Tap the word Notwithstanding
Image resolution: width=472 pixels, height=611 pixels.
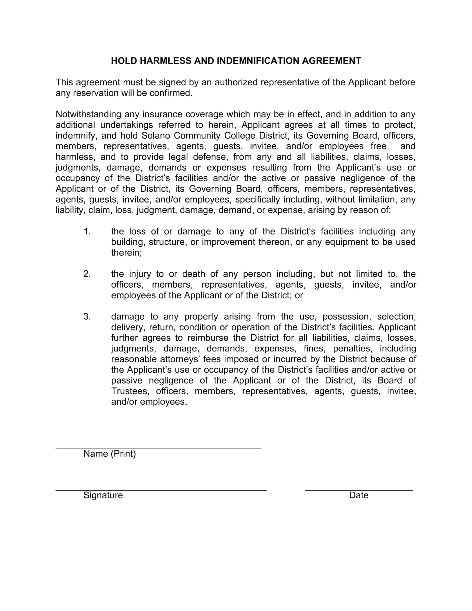coord(88,114)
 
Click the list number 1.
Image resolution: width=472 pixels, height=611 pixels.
coord(87,231)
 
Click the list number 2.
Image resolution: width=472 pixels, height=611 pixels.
coord(87,274)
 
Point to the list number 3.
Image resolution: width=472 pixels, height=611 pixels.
coord(87,316)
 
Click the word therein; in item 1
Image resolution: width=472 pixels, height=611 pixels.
coord(126,253)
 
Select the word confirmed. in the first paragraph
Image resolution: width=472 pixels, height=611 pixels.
coord(171,93)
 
